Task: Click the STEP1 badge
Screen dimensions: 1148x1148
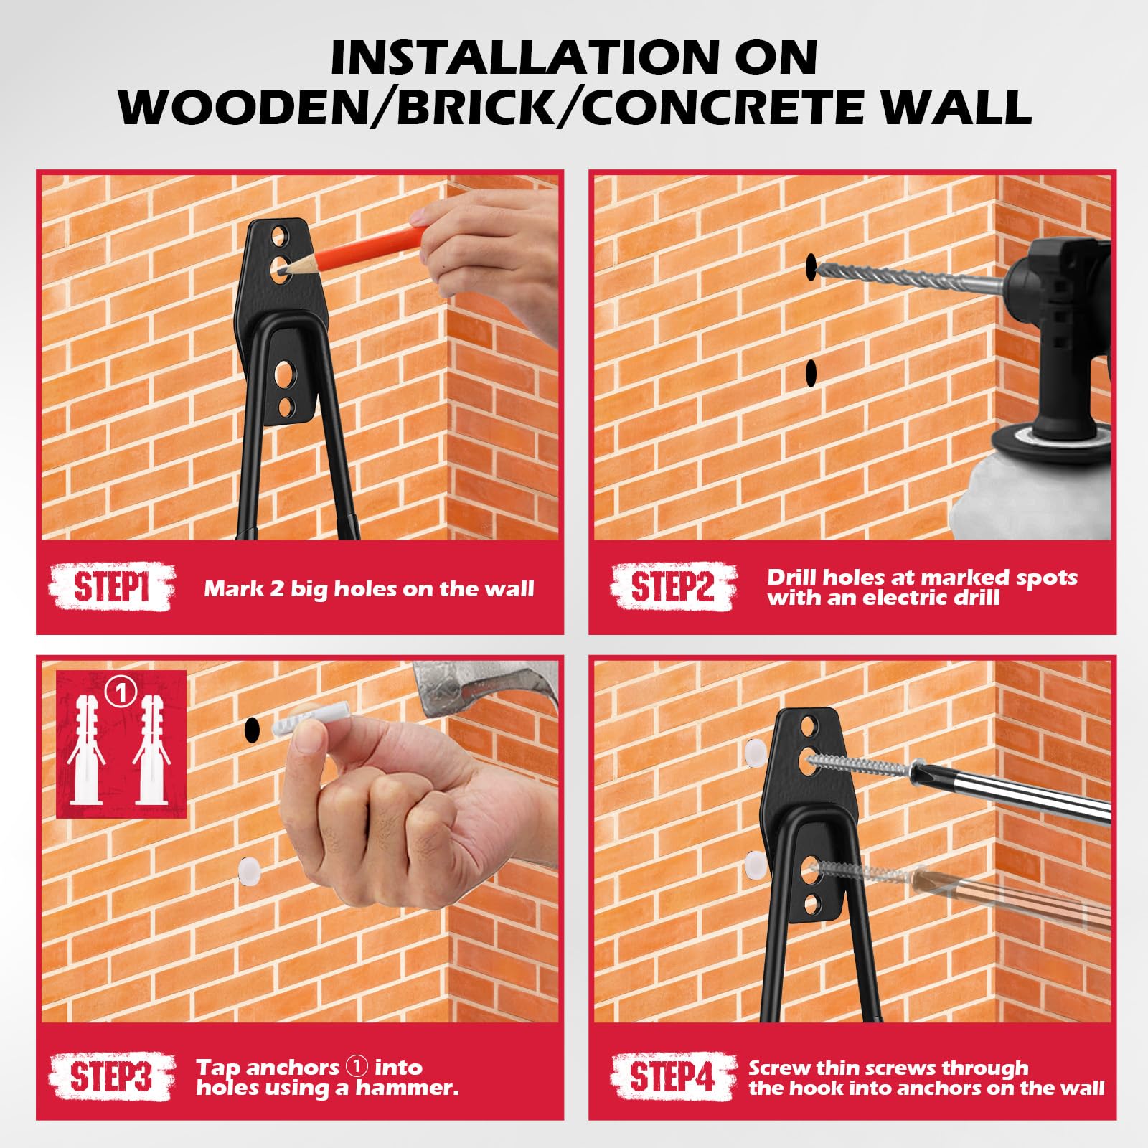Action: (112, 588)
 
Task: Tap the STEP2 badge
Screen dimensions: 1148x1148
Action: (672, 587)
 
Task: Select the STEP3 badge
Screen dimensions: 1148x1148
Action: (112, 1077)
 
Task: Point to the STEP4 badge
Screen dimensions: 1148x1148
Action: (672, 1077)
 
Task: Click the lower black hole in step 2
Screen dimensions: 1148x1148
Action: (811, 372)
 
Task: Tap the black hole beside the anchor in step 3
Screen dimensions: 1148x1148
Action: (252, 730)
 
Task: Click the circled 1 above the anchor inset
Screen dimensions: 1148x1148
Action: (121, 693)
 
